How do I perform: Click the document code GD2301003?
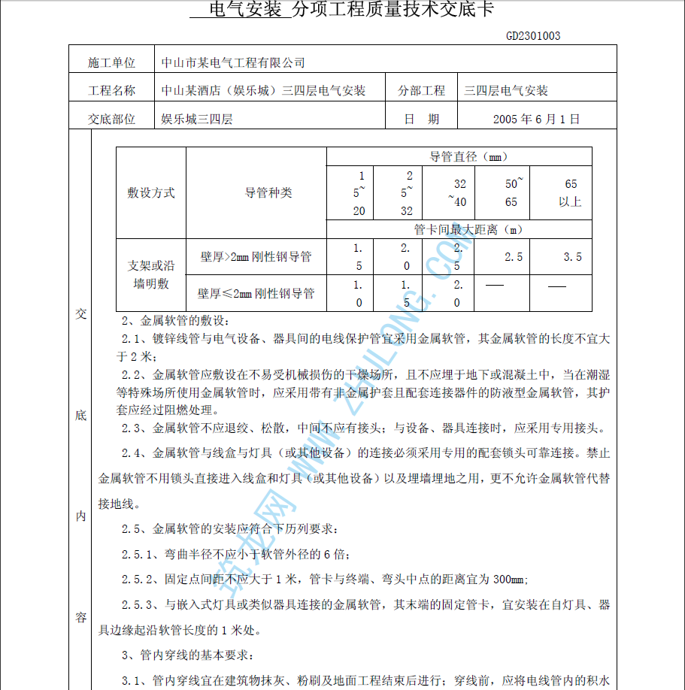point(532,35)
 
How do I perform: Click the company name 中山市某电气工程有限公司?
point(233,62)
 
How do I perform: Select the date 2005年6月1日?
point(536,119)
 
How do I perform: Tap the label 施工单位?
point(111,62)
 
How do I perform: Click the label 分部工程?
point(421,91)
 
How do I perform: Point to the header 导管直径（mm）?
point(468,157)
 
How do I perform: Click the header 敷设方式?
point(151,192)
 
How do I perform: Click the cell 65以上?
point(571,192)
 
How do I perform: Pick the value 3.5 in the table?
point(572,257)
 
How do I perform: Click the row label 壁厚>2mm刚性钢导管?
point(256,257)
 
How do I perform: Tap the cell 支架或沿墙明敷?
point(151,274)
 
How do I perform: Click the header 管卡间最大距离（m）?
point(468,229)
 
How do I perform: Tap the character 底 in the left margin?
point(80,415)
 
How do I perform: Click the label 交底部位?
point(111,119)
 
